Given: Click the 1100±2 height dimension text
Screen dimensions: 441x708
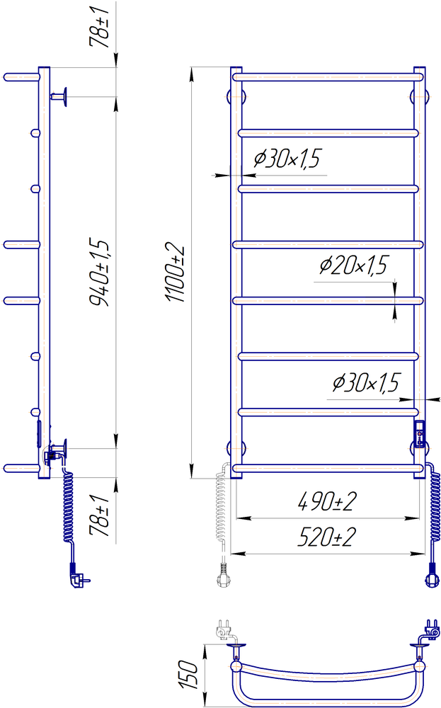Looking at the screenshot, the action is click(x=176, y=274).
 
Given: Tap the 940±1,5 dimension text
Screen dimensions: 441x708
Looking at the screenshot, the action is click(x=100, y=273).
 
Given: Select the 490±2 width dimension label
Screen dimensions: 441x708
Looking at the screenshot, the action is click(x=327, y=501).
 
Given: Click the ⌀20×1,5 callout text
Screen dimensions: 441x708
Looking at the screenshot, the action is click(x=353, y=265).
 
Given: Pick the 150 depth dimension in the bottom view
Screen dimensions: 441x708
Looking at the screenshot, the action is click(x=188, y=675).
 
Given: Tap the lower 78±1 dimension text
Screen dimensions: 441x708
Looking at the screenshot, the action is click(x=100, y=515).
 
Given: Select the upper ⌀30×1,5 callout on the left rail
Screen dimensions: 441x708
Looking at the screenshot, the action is click(x=287, y=159).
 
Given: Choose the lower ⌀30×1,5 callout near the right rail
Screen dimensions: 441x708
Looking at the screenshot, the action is click(x=366, y=383).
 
